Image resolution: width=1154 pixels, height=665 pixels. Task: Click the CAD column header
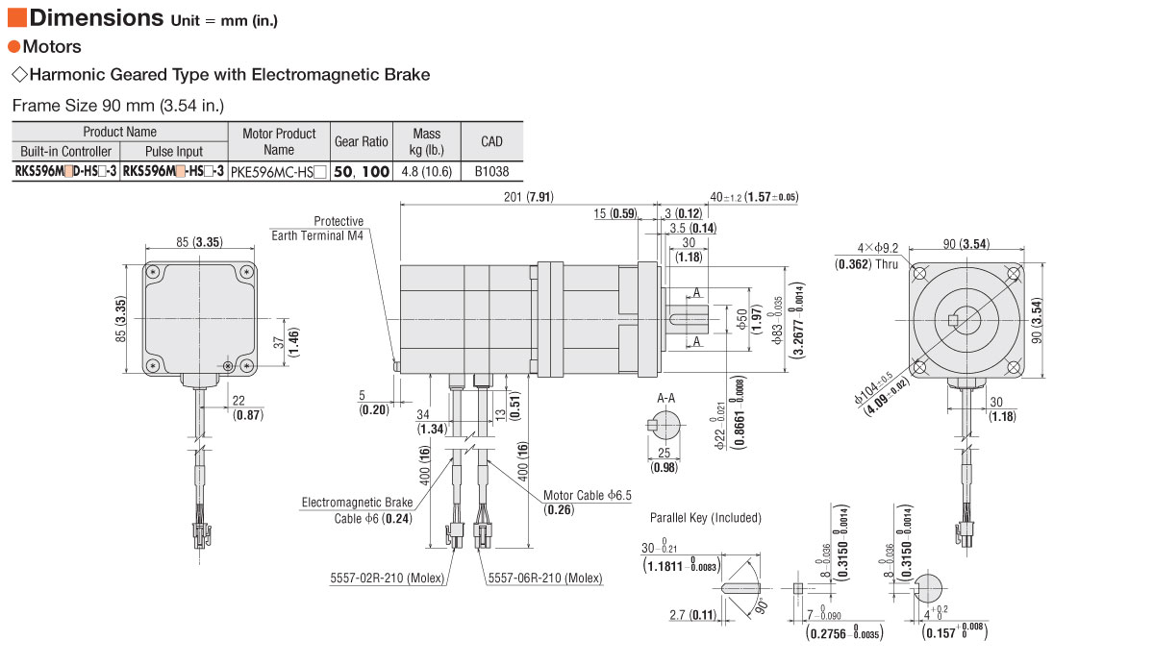click(491, 141)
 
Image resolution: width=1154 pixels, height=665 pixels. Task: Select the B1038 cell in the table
click(491, 171)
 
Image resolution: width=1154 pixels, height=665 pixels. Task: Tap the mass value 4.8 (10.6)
click(427, 171)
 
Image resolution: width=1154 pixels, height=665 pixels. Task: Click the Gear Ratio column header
click(362, 141)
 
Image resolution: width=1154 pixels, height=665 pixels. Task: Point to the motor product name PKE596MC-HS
click(278, 172)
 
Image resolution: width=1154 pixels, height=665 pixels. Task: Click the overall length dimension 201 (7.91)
click(529, 197)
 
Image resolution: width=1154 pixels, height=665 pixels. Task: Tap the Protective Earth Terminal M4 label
click(317, 228)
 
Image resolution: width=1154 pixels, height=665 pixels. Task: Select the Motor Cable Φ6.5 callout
click(588, 503)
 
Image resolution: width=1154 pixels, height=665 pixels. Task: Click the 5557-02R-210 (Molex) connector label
click(387, 578)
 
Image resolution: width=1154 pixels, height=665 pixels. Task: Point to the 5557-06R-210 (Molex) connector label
click(545, 578)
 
